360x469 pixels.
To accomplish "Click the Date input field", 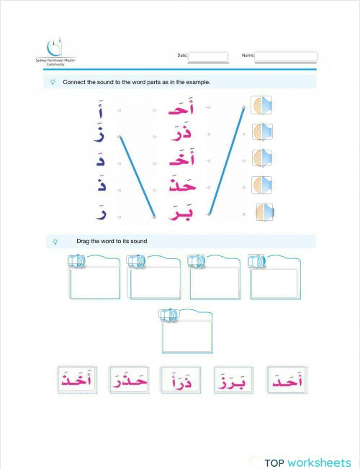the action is click(207, 57).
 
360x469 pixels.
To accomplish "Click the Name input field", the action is click(286, 56).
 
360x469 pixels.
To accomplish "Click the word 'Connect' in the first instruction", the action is click(73, 83).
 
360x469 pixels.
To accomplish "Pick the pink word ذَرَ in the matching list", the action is click(179, 134).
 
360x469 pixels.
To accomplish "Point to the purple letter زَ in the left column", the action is click(100, 135).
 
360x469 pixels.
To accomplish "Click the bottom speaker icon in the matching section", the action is click(264, 213).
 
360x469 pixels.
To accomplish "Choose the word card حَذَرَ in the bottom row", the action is click(128, 381).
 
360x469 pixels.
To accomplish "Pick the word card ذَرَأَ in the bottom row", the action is click(181, 381).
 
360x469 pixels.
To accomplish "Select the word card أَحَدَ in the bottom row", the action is click(287, 380).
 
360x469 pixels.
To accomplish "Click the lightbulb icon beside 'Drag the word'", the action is click(55, 241).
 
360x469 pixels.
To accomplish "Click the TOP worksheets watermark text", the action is click(307, 463).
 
